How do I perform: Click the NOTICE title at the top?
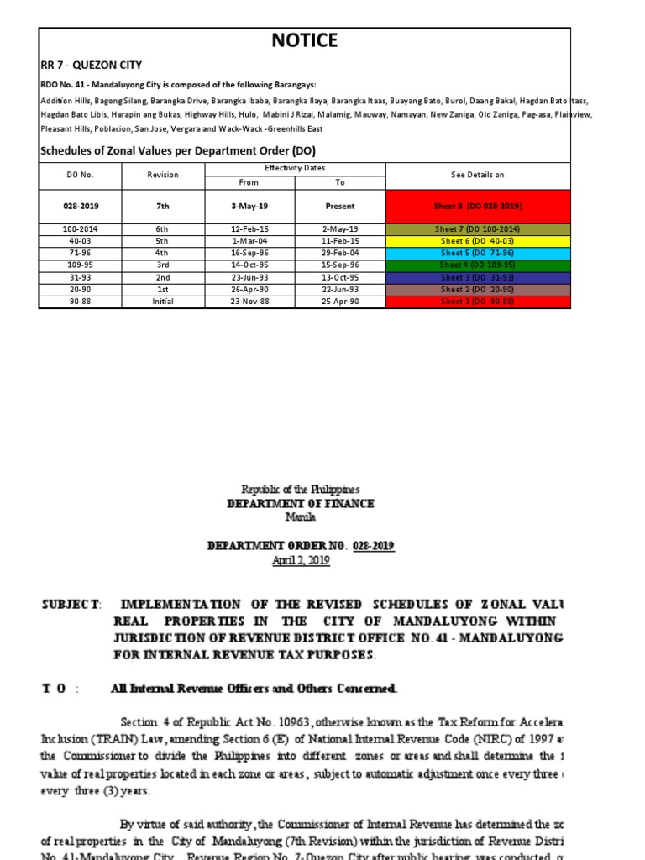(x=305, y=40)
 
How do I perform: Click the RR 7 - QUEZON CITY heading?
(x=92, y=65)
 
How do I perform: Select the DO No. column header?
(x=80, y=175)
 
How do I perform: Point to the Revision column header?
(x=163, y=175)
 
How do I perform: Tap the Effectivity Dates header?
(x=295, y=169)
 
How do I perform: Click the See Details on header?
(x=478, y=175)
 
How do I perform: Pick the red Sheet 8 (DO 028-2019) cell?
(x=478, y=206)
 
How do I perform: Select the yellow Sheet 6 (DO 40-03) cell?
(x=478, y=241)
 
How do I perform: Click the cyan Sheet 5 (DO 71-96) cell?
(x=478, y=253)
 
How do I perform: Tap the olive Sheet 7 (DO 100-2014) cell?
(x=478, y=229)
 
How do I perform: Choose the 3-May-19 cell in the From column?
(x=249, y=206)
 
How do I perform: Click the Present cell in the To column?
(x=340, y=206)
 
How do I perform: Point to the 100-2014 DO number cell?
(x=80, y=229)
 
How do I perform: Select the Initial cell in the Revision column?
(x=163, y=302)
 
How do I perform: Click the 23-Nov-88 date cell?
(x=249, y=302)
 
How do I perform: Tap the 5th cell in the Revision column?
(x=163, y=241)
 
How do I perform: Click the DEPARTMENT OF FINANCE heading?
(x=301, y=504)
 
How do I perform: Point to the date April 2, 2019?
(x=301, y=561)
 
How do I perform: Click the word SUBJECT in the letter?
(x=71, y=605)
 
